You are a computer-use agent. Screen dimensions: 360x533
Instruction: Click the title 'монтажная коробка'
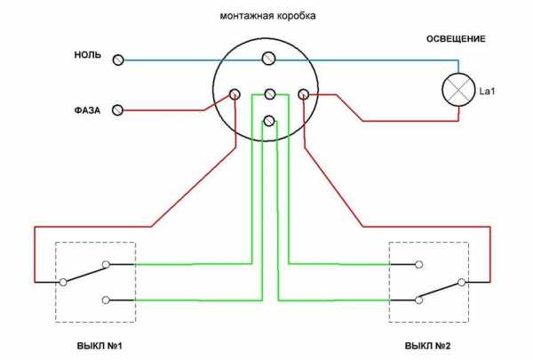coord(267,17)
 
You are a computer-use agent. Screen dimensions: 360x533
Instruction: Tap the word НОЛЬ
coord(87,56)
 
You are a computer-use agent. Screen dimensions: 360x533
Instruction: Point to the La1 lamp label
coord(486,91)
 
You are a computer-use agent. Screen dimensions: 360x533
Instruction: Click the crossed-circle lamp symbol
coord(458,90)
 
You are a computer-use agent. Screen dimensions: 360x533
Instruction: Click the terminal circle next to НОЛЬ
coord(119,60)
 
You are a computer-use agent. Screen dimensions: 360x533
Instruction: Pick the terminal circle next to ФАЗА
coord(119,110)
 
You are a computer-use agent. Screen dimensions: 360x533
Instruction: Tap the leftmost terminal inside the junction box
coord(235,93)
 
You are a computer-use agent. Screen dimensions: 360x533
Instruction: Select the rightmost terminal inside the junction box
coord(303,93)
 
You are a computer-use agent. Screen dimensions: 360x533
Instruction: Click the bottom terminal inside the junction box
coord(269,120)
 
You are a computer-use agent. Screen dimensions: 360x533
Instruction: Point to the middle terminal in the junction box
coord(269,93)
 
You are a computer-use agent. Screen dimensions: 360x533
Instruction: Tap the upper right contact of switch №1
coord(106,264)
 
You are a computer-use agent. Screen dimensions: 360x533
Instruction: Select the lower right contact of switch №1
coord(106,300)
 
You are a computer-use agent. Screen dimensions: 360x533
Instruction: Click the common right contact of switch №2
coord(462,283)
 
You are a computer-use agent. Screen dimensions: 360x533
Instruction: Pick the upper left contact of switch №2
coord(418,264)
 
